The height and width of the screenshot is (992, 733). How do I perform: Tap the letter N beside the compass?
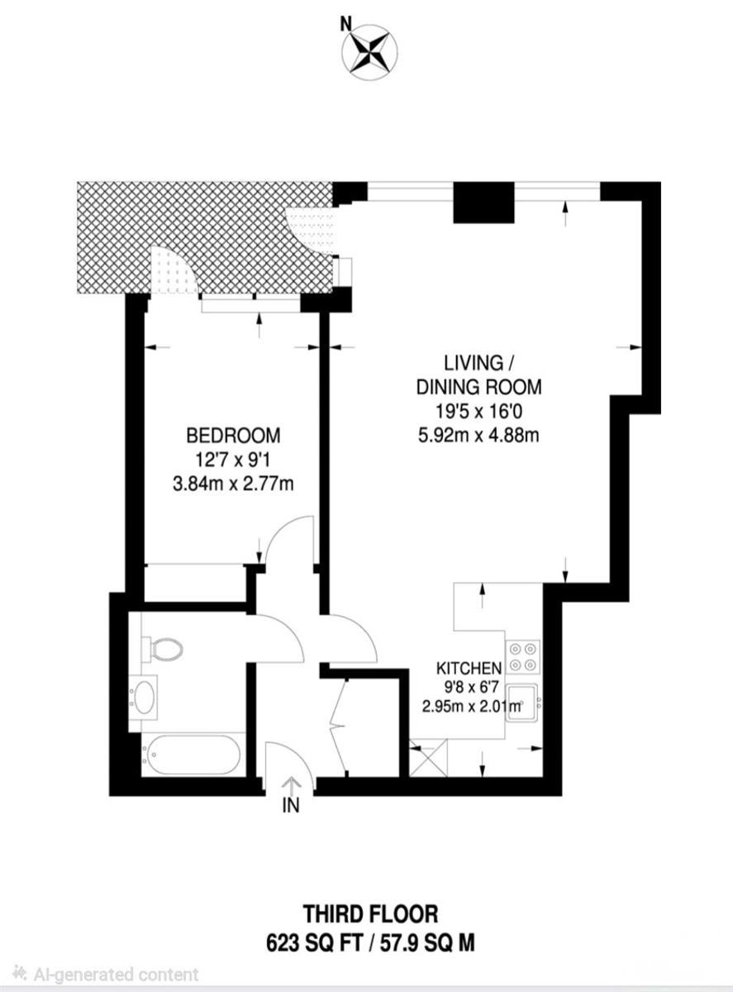(345, 25)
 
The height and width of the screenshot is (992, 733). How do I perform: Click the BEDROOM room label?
(233, 435)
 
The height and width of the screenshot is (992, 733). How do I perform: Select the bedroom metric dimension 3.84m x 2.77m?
(233, 484)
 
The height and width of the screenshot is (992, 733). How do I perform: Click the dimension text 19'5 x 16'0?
(478, 411)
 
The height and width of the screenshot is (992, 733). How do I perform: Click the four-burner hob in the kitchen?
(522, 656)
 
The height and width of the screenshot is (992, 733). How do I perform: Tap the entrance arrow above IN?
(291, 786)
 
